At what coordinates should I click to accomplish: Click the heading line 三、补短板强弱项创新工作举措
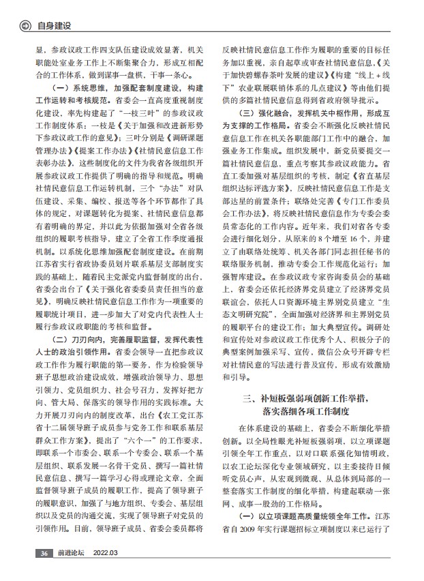click(314, 397)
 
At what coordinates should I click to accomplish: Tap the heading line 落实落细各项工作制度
click(314, 411)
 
